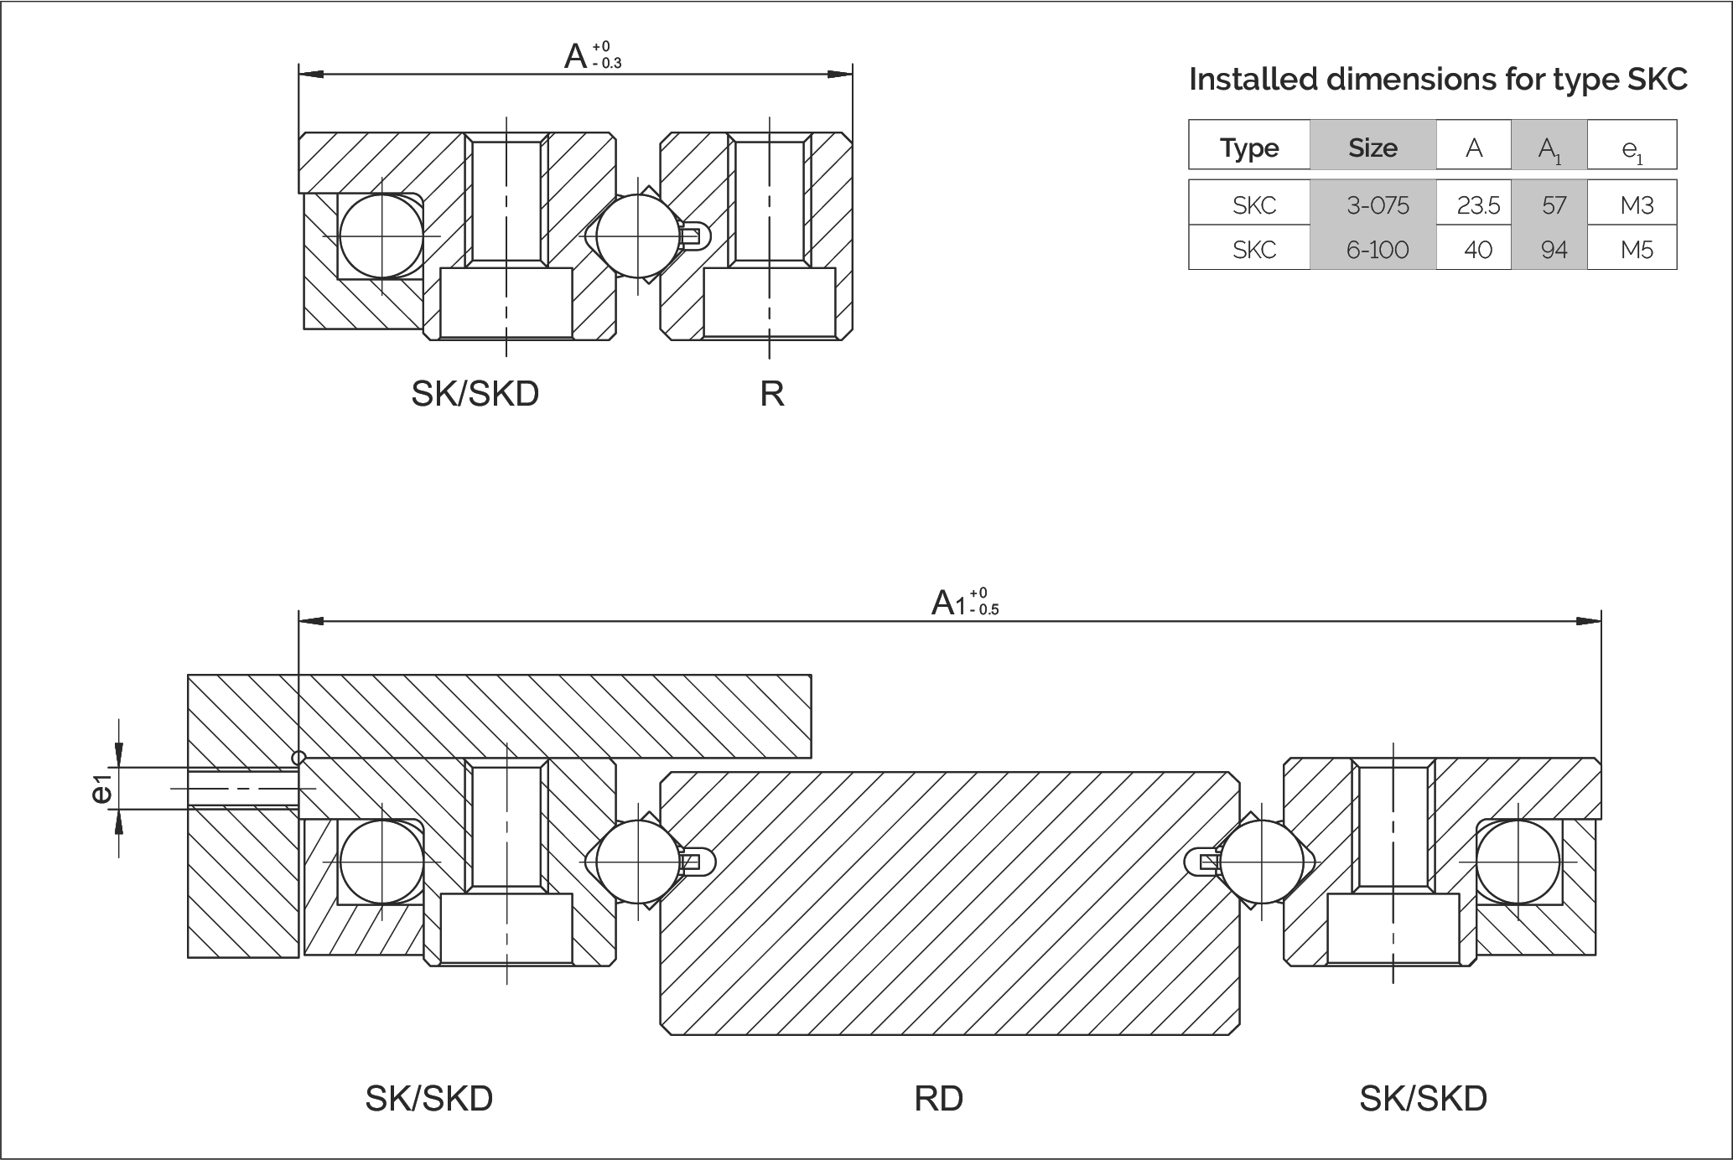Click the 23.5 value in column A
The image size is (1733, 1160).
point(1478,205)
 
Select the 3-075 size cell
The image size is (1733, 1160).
point(1378,205)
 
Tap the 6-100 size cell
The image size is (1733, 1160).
point(1378,250)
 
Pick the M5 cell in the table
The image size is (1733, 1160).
point(1637,250)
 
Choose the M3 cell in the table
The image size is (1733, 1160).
point(1637,205)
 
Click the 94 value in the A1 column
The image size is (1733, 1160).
point(1554,250)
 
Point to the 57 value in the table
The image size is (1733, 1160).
point(1554,205)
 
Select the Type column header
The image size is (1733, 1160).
point(1249,148)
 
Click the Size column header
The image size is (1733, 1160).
point(1372,148)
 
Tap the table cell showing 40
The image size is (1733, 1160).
point(1478,250)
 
